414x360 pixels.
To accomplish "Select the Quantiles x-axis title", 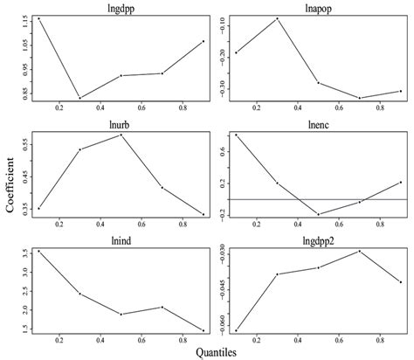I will [x=217, y=352].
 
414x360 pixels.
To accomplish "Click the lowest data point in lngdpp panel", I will [x=79, y=98].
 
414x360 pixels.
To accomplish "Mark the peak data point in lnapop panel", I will [x=278, y=18].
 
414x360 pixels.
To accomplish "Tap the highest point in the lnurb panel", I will [x=121, y=135].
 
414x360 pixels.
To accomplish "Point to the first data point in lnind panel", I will [x=38, y=252].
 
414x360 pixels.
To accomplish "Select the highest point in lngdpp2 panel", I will [x=360, y=251].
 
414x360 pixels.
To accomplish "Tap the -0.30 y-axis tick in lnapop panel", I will [x=223, y=89].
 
